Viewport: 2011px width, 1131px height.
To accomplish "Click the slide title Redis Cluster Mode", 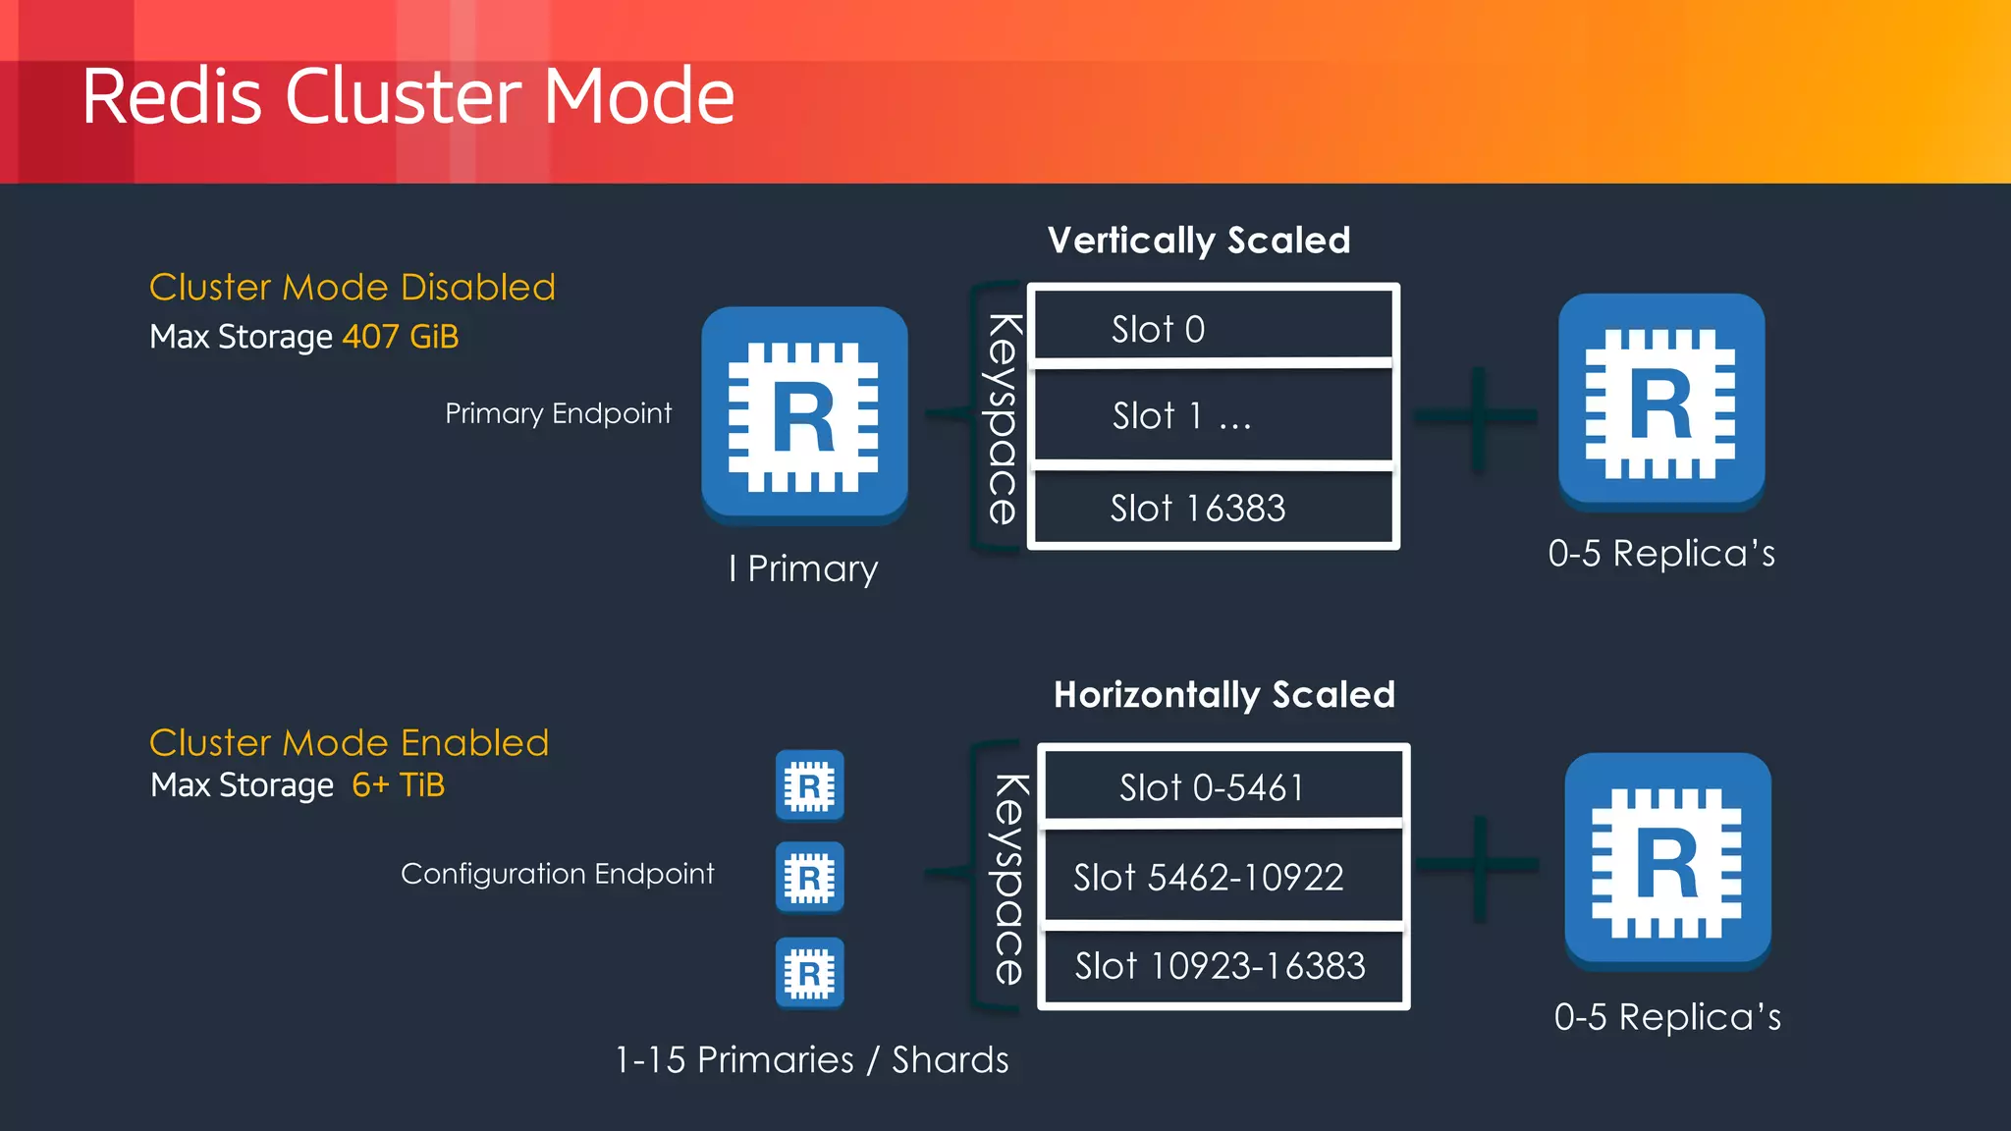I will (408, 96).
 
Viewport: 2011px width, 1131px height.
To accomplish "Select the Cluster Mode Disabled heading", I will (352, 288).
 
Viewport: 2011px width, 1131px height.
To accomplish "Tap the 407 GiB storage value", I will (401, 337).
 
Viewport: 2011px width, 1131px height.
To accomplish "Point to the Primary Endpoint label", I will (558, 413).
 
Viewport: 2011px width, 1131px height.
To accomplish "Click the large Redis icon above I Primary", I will (804, 415).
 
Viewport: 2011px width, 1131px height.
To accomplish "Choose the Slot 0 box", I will (1213, 327).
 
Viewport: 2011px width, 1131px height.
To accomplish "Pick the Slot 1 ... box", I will (1213, 415).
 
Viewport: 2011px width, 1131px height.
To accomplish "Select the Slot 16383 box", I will (1213, 508).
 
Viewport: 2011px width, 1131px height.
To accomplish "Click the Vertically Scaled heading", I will (1199, 241).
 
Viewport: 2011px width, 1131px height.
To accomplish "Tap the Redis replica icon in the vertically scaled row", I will (1661, 402).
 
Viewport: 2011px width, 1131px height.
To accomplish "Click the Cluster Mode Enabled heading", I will (349, 743).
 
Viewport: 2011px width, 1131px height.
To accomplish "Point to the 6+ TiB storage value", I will (399, 785).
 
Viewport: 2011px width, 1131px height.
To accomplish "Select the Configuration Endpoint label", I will (557, 874).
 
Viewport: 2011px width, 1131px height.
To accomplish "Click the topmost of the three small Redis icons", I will (810, 785).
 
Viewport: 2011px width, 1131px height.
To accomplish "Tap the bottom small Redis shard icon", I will (810, 973).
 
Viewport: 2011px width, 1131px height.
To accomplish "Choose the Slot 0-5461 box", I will (1223, 786).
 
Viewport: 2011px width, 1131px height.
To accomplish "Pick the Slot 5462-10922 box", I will (1223, 877).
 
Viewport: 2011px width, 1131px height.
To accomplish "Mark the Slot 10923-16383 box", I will (1223, 966).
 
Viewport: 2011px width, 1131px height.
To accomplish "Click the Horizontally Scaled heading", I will (1223, 695).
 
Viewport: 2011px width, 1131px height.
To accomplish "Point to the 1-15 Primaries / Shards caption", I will (811, 1060).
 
